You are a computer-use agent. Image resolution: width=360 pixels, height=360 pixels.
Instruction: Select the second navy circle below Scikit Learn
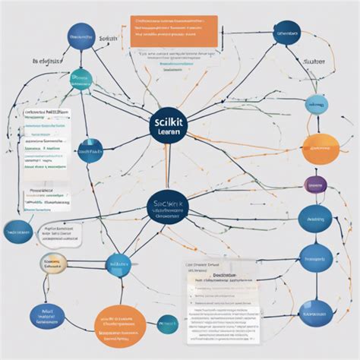[167, 209]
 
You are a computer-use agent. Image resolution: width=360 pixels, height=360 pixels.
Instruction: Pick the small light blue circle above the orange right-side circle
[317, 104]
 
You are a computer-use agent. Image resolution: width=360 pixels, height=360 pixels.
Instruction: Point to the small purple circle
[314, 185]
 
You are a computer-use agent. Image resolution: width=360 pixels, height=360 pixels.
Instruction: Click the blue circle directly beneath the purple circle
[315, 219]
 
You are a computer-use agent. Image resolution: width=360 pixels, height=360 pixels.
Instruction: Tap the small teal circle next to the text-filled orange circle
[166, 324]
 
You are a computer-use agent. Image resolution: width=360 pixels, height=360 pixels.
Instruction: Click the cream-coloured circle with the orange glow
[54, 264]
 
